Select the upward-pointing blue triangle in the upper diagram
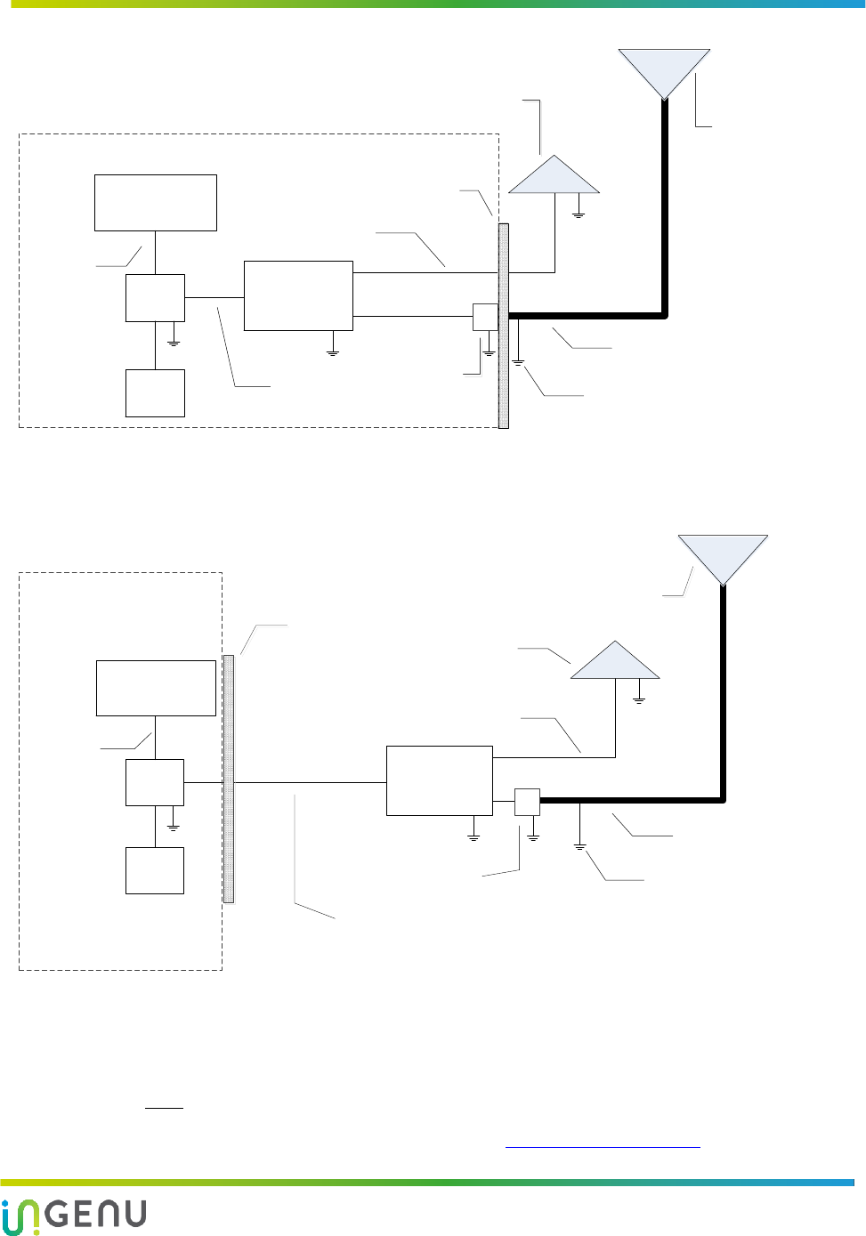[554, 178]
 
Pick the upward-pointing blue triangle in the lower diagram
[615, 664]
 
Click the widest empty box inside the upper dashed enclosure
[156, 203]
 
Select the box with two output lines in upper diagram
[298, 295]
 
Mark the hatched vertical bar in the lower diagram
[229, 779]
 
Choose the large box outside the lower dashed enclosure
[439, 780]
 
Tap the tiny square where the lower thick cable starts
[527, 802]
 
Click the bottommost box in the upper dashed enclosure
[155, 393]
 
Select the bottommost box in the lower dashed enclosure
[155, 870]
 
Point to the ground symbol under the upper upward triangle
[579, 213]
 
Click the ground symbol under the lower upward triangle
[639, 699]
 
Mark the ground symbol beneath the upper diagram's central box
[333, 351]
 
